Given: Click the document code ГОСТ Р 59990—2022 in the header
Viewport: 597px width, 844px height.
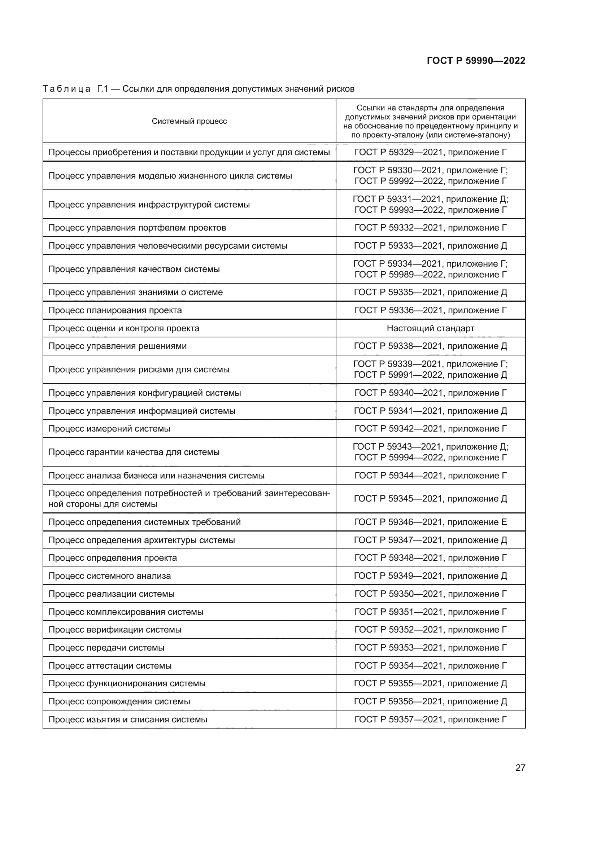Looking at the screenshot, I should [x=476, y=61].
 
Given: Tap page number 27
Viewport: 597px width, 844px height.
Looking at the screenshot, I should [x=520, y=768].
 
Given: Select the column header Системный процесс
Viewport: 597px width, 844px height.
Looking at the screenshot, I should [x=189, y=121].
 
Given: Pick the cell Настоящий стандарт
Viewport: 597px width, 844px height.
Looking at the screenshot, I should [x=431, y=328].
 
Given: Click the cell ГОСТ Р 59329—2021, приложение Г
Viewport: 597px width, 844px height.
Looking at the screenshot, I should [x=431, y=152].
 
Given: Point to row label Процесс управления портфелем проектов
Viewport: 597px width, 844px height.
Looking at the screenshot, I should [x=137, y=228].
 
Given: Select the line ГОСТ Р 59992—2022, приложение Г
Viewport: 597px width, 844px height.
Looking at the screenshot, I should [x=431, y=181].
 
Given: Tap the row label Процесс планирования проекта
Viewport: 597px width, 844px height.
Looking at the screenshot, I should [x=115, y=310].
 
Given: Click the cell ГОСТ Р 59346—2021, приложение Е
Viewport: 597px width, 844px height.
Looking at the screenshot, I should [x=431, y=522].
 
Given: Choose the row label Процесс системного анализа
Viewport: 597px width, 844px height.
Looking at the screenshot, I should [x=110, y=576].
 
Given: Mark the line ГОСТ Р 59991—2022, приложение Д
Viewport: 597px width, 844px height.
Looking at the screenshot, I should [x=431, y=375].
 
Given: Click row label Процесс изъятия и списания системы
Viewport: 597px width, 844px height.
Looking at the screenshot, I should [x=128, y=720].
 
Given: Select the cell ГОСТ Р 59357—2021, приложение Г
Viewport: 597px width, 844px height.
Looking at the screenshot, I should [x=431, y=720].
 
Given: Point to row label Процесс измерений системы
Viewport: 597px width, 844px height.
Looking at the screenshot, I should [x=109, y=429].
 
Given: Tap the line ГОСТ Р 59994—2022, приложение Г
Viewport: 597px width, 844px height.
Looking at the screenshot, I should [x=431, y=458].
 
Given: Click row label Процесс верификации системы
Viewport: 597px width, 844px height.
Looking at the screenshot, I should [x=115, y=630].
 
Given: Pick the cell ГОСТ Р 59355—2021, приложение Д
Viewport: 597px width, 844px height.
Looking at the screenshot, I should [x=431, y=683].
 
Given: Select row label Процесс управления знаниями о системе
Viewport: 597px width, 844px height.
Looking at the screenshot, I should [x=136, y=292].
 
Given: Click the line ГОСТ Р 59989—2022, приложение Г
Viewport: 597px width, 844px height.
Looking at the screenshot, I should [x=431, y=275].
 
